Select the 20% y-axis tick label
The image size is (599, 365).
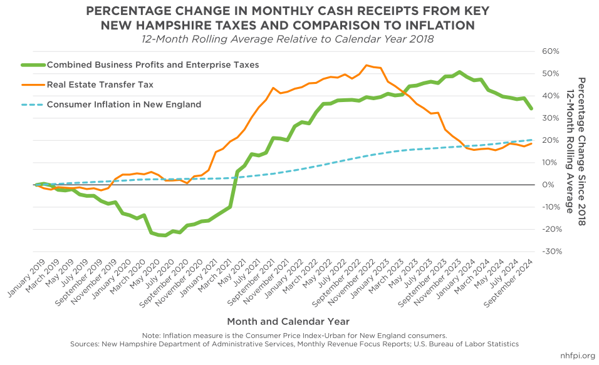point(550,140)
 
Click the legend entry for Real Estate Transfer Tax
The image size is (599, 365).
point(100,85)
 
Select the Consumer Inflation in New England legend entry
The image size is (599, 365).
point(123,105)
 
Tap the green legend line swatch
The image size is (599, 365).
point(31,64)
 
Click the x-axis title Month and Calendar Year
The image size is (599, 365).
point(288,321)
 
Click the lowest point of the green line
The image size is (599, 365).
point(164,235)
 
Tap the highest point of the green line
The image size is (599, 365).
point(459,72)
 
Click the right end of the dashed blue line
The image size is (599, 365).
point(532,140)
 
